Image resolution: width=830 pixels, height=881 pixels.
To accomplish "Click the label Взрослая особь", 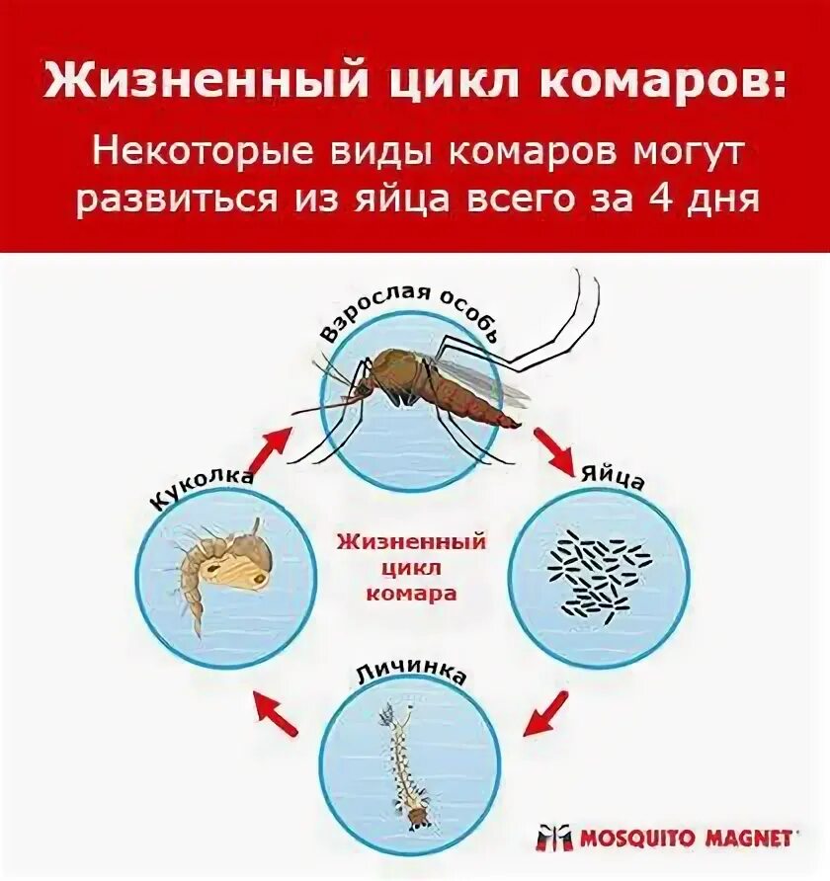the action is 414,313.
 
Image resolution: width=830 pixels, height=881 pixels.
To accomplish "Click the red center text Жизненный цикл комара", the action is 411,568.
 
